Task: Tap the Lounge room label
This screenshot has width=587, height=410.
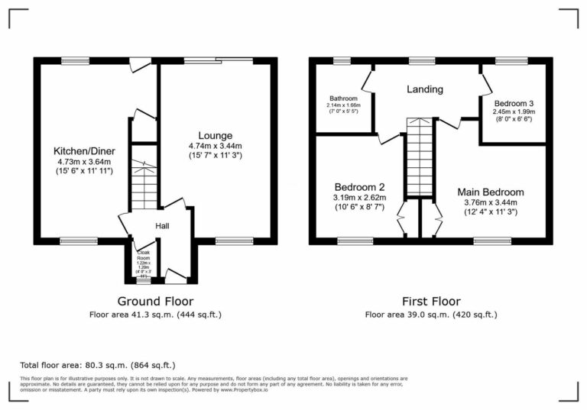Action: pyautogui.click(x=215, y=136)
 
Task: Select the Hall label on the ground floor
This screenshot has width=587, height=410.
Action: pyautogui.click(x=163, y=226)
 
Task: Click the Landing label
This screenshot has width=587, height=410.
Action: pyautogui.click(x=424, y=89)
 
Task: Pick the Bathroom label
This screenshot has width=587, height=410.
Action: pyautogui.click(x=343, y=99)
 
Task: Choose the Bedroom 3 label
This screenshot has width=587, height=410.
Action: pyautogui.click(x=514, y=104)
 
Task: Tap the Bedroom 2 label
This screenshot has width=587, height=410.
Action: pyautogui.click(x=358, y=187)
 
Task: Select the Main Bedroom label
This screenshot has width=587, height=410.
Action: pyautogui.click(x=491, y=192)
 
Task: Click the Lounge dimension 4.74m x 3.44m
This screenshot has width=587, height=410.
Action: pyautogui.click(x=215, y=147)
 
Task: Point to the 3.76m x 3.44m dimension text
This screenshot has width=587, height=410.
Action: pyautogui.click(x=491, y=202)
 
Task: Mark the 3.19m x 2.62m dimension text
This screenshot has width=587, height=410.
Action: pyautogui.click(x=359, y=198)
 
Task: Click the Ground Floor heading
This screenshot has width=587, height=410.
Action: pyautogui.click(x=155, y=301)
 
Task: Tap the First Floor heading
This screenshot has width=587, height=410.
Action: pyautogui.click(x=431, y=301)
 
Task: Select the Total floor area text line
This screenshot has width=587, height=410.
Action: pyautogui.click(x=97, y=365)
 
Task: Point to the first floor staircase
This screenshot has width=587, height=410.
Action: pyautogui.click(x=420, y=157)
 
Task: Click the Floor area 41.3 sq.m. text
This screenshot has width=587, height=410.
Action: pyautogui.click(x=155, y=314)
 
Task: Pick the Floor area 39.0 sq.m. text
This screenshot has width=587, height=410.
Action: pyautogui.click(x=431, y=314)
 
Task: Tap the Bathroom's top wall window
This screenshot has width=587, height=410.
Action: pyautogui.click(x=342, y=60)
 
